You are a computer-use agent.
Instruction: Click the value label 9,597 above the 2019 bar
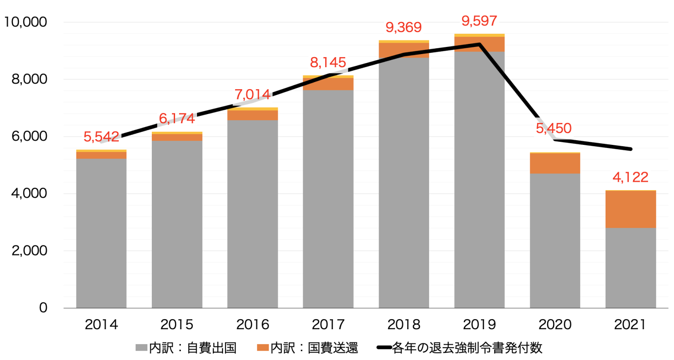(x=479, y=21)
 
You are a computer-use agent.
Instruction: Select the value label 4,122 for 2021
(x=630, y=177)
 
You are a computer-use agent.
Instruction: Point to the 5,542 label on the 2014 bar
(x=101, y=137)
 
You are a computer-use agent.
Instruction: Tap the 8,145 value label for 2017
(x=328, y=63)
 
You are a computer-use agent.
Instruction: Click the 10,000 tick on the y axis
(x=25, y=22)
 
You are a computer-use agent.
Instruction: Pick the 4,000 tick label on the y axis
(x=29, y=193)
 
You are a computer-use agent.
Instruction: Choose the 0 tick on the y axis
(x=43, y=307)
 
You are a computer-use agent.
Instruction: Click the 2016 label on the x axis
(x=252, y=324)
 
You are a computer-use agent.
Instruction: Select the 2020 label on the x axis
(x=555, y=324)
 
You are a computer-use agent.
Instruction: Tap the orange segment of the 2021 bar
(x=631, y=209)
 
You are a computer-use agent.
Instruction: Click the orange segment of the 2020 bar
(x=555, y=163)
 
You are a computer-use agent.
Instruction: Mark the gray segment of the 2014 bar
(x=101, y=233)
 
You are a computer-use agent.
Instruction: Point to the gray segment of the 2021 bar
(x=631, y=268)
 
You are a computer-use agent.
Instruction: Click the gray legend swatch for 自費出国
(x=141, y=348)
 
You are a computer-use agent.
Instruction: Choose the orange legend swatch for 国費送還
(x=262, y=348)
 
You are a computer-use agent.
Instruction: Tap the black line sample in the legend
(x=384, y=348)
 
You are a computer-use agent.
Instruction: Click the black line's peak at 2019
(x=479, y=44)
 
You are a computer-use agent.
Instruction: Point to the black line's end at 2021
(x=631, y=149)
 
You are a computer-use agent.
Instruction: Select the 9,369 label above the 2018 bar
(x=403, y=28)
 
